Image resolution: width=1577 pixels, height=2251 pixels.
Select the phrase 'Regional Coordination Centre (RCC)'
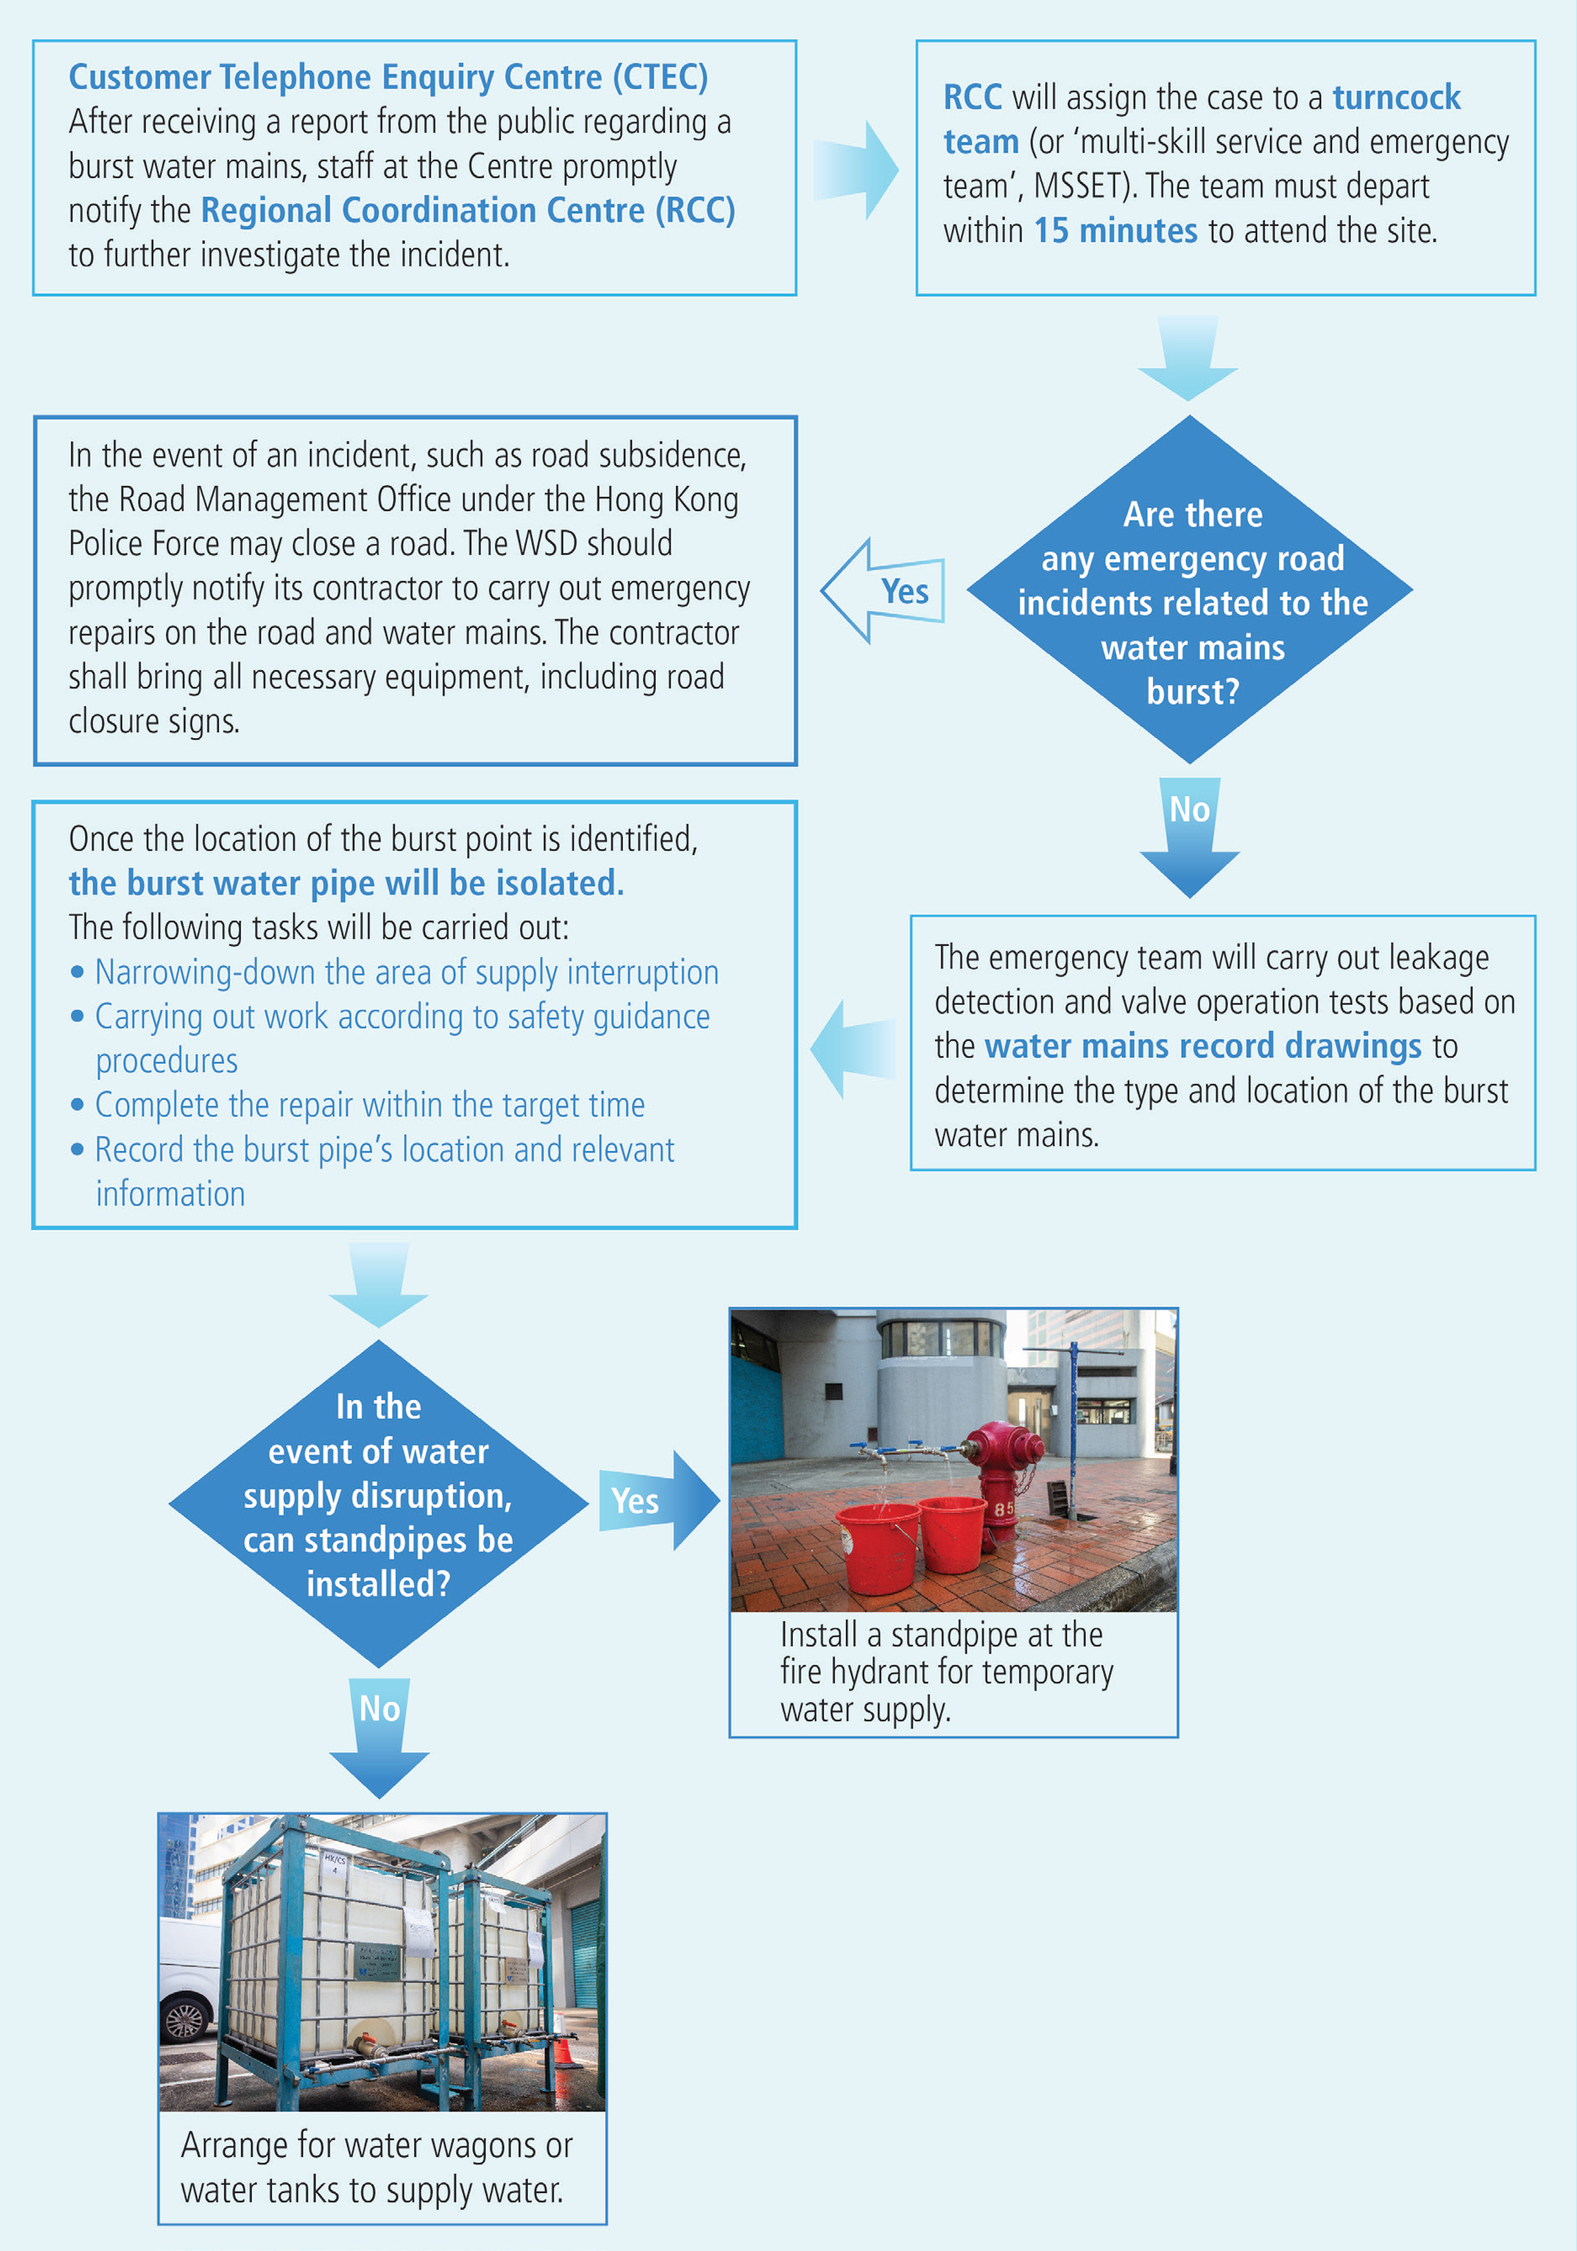(x=468, y=211)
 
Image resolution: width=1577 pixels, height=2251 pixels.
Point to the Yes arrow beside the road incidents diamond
(x=883, y=591)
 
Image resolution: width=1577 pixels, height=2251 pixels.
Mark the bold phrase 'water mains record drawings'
(x=1203, y=1046)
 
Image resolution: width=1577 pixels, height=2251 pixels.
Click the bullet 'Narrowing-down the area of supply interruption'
(x=406, y=973)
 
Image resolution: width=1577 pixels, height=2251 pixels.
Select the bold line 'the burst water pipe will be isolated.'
(x=346, y=884)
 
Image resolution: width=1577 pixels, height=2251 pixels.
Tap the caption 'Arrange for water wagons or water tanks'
(x=377, y=2167)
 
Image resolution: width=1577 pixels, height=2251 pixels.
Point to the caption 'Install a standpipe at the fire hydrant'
(x=947, y=1672)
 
